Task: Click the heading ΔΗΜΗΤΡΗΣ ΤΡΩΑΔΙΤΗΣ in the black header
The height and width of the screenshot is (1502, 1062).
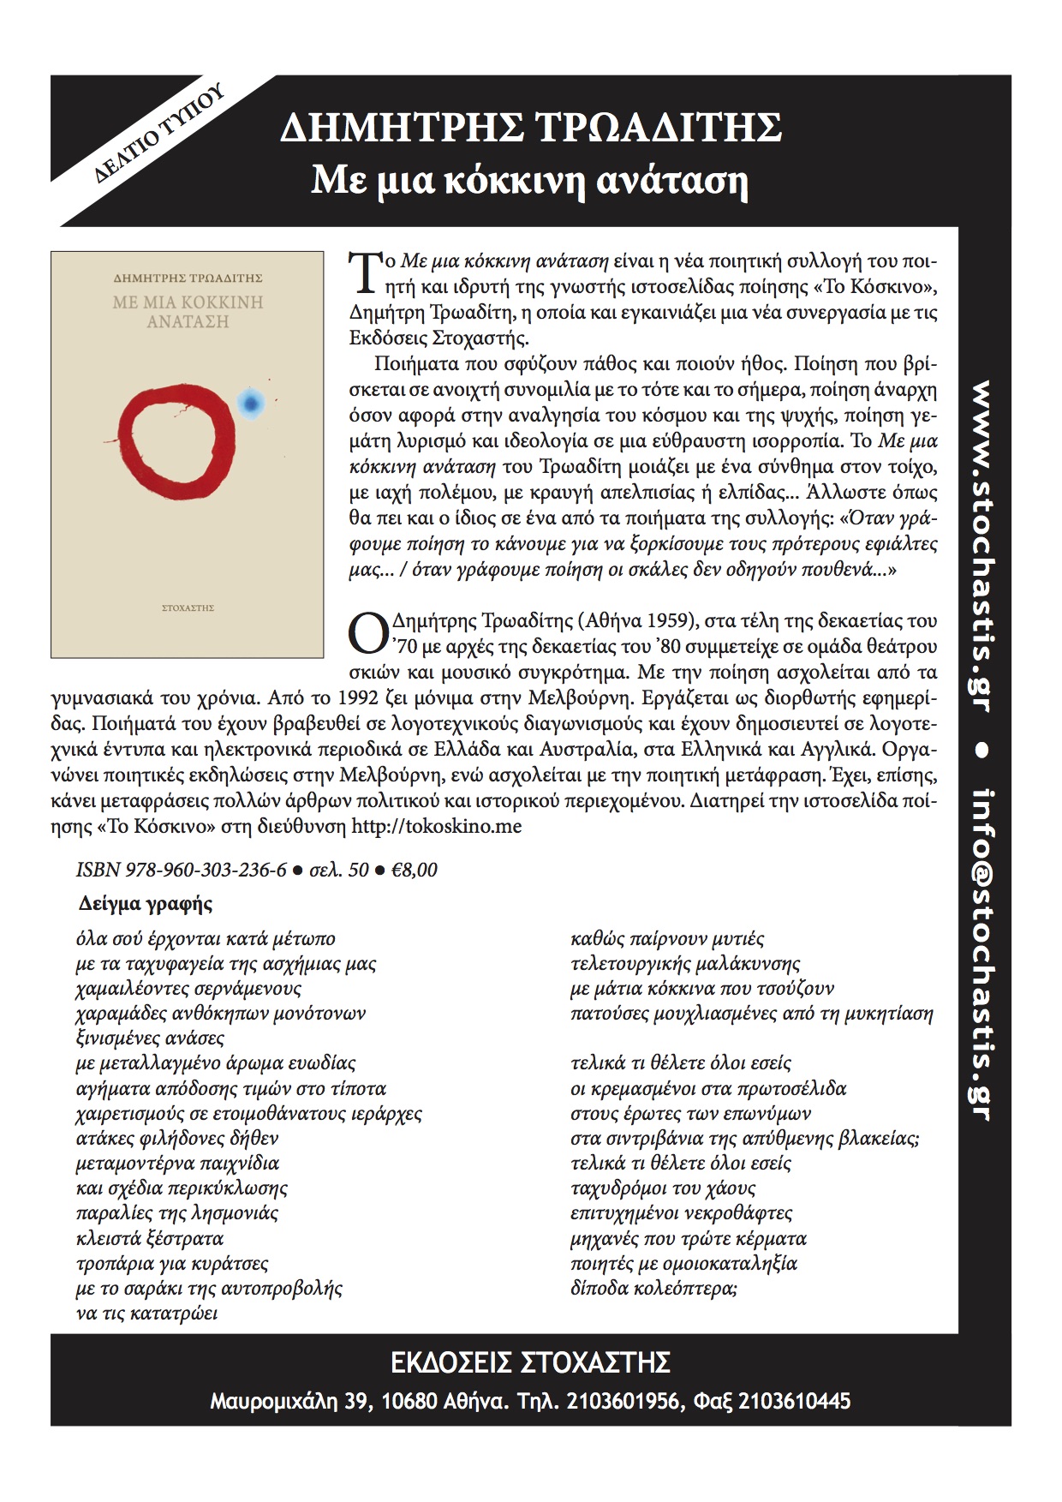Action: [x=531, y=129]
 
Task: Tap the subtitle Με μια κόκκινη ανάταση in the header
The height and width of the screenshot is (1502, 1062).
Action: [x=529, y=181]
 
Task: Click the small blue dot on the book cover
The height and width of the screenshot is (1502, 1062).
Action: [x=250, y=401]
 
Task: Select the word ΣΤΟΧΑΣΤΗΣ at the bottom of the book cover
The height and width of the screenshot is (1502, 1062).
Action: [x=188, y=607]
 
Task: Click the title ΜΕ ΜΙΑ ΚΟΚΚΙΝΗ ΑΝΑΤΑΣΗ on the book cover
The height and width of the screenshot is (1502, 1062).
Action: [x=188, y=312]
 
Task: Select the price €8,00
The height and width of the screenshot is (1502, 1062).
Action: [x=414, y=871]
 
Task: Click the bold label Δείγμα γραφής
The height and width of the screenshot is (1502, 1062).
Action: [x=146, y=904]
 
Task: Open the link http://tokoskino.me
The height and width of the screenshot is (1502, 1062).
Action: [x=437, y=827]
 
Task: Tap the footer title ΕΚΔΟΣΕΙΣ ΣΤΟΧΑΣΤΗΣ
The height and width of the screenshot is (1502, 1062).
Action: [x=530, y=1362]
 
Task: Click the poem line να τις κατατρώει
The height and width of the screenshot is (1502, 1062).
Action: [x=146, y=1314]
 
